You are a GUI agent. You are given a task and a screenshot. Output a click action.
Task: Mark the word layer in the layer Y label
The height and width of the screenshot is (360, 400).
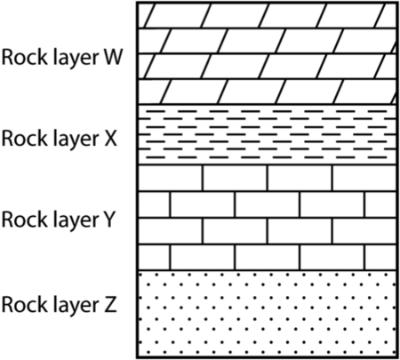coord(75,220)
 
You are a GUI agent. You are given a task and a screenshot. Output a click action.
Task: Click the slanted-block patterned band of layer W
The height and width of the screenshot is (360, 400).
coord(267,53)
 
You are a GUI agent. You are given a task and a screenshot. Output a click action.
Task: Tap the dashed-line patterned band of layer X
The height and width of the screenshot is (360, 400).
coord(267,135)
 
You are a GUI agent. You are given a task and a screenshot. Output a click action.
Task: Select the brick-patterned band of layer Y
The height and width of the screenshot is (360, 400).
coord(267,217)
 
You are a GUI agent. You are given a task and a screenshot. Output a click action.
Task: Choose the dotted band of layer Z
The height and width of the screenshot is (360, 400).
coord(267,311)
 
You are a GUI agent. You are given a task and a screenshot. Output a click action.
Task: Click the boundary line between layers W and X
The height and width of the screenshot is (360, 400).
coord(267,105)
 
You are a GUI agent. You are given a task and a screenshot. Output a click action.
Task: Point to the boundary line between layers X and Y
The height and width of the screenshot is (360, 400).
coord(267,165)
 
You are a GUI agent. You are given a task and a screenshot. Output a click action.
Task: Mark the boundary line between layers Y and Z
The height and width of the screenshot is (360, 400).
coord(267,268)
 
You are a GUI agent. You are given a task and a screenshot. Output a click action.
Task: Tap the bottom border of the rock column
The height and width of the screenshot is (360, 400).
coord(267,356)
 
